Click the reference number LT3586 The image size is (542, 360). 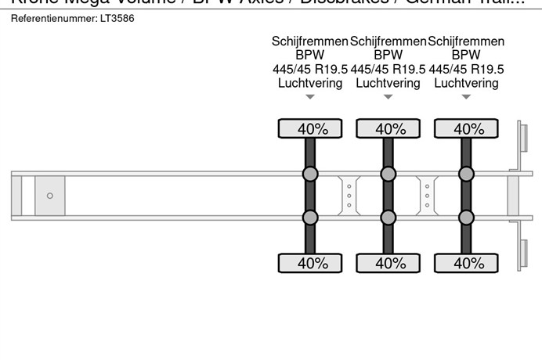coord(117,17)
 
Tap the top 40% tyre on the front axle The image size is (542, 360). coord(311,129)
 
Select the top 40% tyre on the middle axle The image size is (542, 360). coord(388,129)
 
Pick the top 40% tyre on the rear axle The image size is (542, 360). coord(467,129)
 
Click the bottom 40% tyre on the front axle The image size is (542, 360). coord(311,263)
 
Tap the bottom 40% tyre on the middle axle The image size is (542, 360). coord(388,263)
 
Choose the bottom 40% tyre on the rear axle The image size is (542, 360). coord(467,263)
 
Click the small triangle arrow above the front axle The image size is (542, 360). coord(310,97)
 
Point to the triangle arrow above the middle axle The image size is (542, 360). coord(388,97)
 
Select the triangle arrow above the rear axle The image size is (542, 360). coord(466,97)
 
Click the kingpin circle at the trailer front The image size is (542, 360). coord(49,196)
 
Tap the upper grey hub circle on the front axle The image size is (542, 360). coord(311,174)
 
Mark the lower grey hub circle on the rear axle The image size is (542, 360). coord(467,217)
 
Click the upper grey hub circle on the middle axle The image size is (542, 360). coord(388,174)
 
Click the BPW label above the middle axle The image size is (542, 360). coord(388,55)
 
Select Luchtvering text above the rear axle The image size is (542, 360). coord(466,83)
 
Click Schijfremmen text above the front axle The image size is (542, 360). coord(310,41)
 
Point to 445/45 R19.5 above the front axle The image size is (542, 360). coord(310,69)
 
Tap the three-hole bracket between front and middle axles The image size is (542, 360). coord(349,195)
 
